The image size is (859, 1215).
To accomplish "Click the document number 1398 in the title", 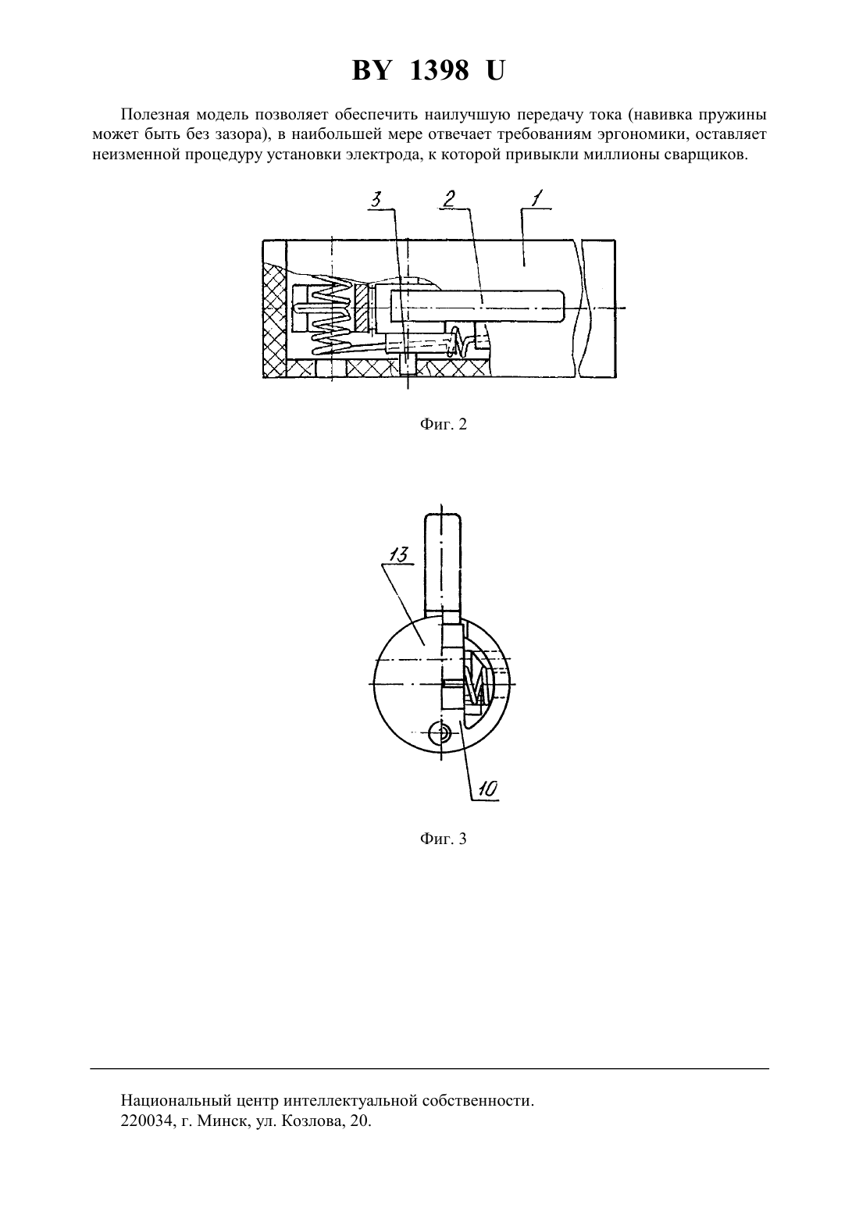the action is click(439, 70).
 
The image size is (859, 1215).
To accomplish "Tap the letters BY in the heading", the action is click(371, 70).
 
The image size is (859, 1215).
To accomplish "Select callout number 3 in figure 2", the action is click(376, 199).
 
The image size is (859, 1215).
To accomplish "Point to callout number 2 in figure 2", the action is click(448, 199).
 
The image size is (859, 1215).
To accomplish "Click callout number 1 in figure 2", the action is click(535, 199).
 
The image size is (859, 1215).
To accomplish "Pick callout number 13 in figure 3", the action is click(398, 555).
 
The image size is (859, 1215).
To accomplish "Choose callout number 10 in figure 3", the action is click(487, 789).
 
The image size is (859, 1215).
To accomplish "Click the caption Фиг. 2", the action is click(443, 424).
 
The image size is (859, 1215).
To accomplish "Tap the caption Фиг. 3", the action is click(443, 839).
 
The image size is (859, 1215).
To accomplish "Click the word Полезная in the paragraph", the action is click(155, 115).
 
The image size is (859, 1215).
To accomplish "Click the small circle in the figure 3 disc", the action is click(439, 735).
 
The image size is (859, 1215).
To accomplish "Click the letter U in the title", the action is click(495, 70).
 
